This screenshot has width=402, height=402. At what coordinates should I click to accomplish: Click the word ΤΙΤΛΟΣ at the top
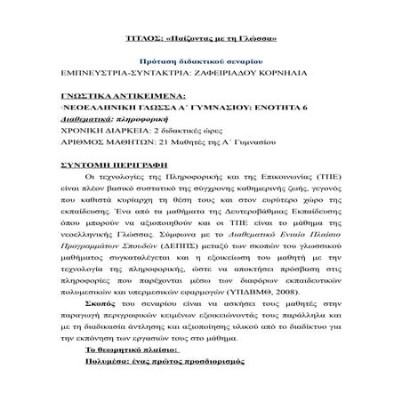click(x=141, y=43)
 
